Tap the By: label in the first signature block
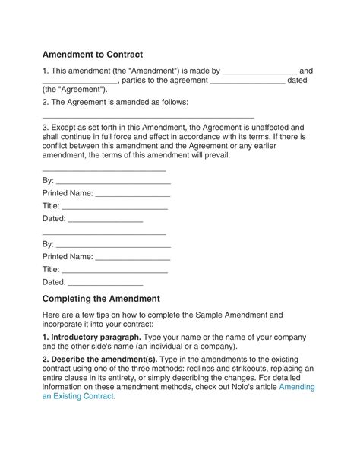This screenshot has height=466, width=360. tap(48, 181)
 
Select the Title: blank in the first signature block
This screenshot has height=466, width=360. tap(115, 206)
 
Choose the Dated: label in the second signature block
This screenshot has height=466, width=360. tap(54, 282)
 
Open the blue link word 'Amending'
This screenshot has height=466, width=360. tap(297, 387)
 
